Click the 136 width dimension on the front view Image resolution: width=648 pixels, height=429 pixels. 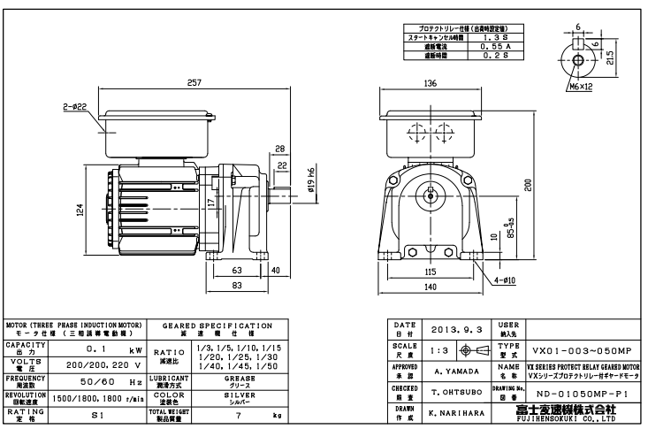(431, 84)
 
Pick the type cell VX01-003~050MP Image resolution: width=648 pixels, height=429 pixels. (583, 349)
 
